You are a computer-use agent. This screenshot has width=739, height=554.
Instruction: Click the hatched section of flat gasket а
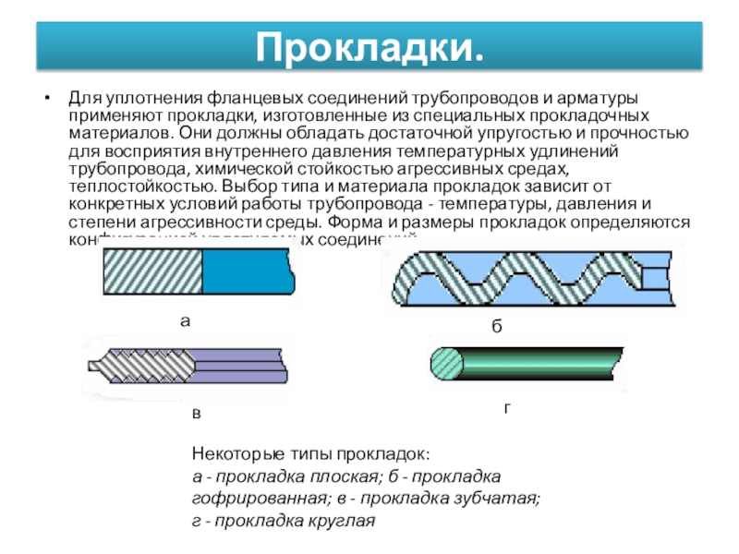[x=151, y=272]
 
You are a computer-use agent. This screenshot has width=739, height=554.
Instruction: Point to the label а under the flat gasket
[x=184, y=321]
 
